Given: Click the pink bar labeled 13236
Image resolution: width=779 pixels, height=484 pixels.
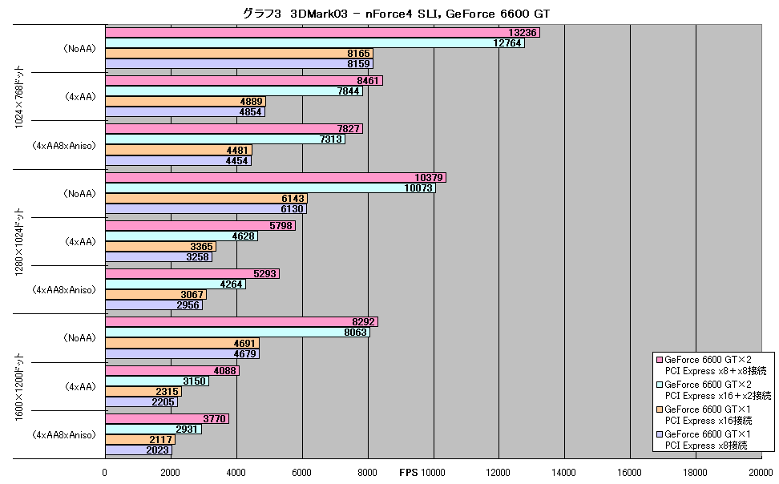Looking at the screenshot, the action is point(322,32).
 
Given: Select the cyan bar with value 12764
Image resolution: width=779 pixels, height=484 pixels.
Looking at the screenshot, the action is point(315,43).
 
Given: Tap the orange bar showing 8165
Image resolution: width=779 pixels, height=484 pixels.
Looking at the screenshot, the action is point(239,54).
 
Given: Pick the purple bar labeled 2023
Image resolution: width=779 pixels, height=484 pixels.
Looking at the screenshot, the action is point(139,450).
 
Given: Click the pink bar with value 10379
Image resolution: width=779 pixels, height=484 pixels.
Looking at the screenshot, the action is point(276,177).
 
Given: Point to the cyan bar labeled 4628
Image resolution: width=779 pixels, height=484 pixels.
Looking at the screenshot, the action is point(181,236).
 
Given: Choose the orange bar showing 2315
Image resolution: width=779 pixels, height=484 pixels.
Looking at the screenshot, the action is point(143,392).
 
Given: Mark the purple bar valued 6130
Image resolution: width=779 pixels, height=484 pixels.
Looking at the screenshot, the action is point(206,209).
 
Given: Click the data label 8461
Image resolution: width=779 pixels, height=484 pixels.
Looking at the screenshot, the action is point(368,80).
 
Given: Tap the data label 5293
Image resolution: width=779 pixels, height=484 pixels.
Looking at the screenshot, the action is point(264,274).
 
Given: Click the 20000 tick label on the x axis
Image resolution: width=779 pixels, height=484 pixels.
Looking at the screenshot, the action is point(761,473).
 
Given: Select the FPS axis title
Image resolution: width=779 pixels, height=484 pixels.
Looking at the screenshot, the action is point(409,473).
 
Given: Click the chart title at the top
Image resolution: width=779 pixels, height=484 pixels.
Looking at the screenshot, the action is point(396,14).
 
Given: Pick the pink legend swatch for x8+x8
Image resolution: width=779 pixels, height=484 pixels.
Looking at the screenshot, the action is point(660,360).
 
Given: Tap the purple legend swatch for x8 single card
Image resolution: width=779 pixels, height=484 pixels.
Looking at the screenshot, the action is point(660,434).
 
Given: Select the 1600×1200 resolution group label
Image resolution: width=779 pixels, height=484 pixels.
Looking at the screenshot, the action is point(19,387).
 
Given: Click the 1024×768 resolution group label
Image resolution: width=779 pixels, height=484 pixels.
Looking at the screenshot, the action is point(19,97).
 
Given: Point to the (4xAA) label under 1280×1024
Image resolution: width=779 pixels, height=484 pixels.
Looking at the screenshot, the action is point(80,241).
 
